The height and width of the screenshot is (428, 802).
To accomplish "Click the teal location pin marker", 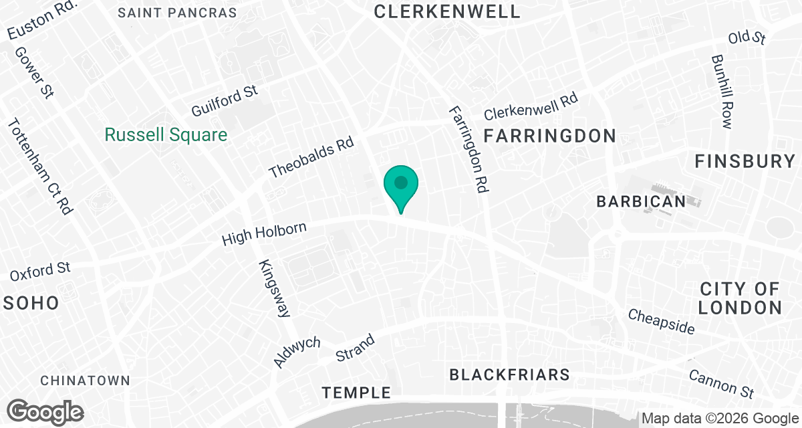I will [x=400, y=185].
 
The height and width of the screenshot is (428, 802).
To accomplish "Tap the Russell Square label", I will [x=166, y=135].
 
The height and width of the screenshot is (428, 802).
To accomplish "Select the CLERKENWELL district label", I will [x=447, y=11].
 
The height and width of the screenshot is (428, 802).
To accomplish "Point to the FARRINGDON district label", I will [x=549, y=136].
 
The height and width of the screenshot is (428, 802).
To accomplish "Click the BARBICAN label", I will [x=641, y=201].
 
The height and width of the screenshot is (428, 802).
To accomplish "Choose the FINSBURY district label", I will [x=745, y=161].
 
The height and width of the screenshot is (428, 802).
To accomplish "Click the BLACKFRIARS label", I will [x=509, y=374].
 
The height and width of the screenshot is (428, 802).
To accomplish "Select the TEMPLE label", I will [x=356, y=393].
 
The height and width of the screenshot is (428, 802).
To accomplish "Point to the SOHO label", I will [x=31, y=303].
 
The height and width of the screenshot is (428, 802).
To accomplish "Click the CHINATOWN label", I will [x=85, y=381].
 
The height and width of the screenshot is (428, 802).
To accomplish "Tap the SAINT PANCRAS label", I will [x=177, y=13].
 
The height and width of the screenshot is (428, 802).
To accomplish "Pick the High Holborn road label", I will [x=264, y=233].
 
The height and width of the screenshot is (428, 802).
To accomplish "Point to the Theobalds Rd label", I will [x=311, y=158].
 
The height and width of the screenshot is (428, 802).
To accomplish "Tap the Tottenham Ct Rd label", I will [x=39, y=167].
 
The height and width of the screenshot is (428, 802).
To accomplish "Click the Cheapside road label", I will [x=661, y=322].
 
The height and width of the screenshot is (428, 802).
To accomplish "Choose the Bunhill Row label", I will [x=722, y=92].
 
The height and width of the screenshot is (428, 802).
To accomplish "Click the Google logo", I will [x=45, y=411].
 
